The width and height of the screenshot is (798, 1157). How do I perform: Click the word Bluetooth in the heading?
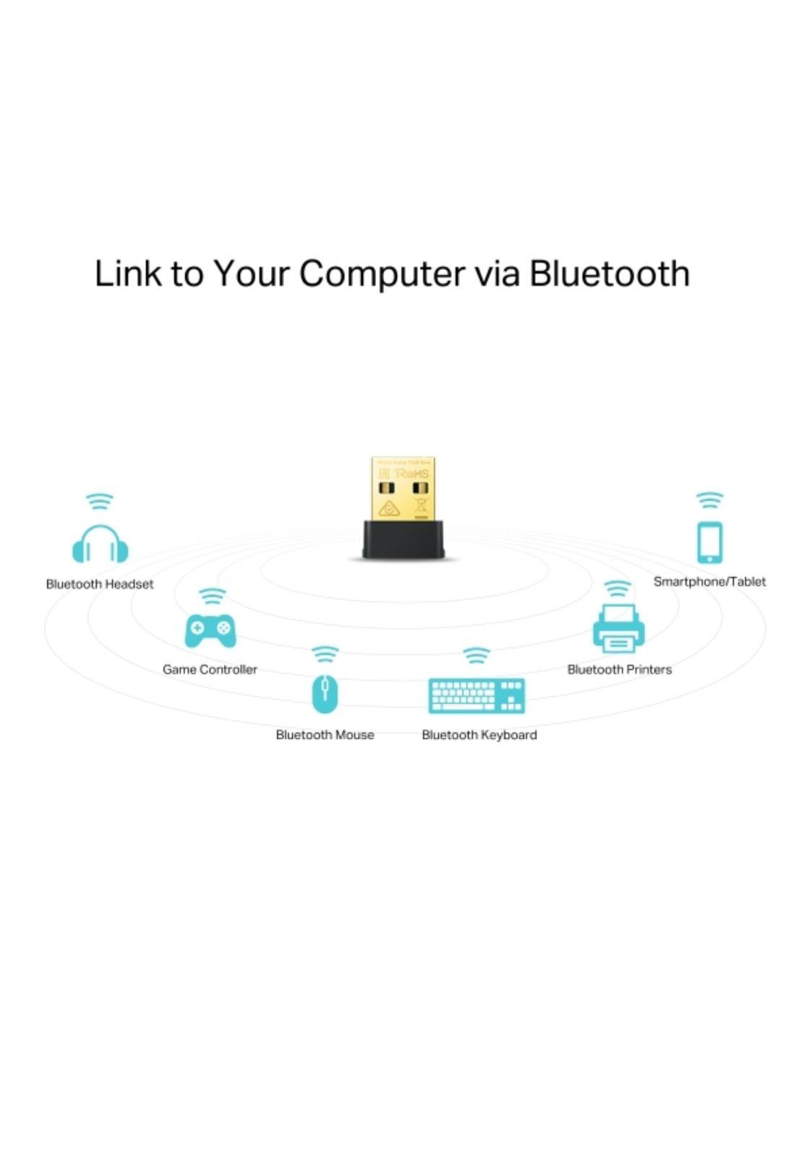[609, 273]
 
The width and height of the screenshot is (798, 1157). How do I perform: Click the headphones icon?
[100, 545]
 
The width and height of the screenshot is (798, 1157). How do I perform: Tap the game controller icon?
[210, 631]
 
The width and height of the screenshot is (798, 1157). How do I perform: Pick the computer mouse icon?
[325, 693]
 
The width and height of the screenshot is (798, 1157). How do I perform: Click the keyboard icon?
[476, 696]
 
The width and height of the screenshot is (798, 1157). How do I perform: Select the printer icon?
[618, 628]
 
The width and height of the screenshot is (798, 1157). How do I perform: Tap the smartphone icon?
[709, 542]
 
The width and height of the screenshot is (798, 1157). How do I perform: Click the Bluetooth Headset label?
[100, 584]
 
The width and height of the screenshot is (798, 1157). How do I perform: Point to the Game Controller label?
[210, 670]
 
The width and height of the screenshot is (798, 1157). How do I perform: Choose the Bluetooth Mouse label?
[325, 735]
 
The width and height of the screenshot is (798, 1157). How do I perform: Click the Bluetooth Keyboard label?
[479, 735]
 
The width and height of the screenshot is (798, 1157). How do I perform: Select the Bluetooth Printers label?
[619, 670]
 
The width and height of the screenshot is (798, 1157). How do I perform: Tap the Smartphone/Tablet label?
[709, 581]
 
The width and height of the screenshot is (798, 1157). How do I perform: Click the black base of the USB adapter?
[403, 539]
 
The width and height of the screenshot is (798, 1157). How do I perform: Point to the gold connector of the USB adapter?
[403, 487]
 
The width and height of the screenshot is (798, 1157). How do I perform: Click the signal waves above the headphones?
[99, 501]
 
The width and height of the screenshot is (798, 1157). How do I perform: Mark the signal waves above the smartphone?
[709, 500]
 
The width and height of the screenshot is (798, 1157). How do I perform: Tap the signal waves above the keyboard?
[476, 655]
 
